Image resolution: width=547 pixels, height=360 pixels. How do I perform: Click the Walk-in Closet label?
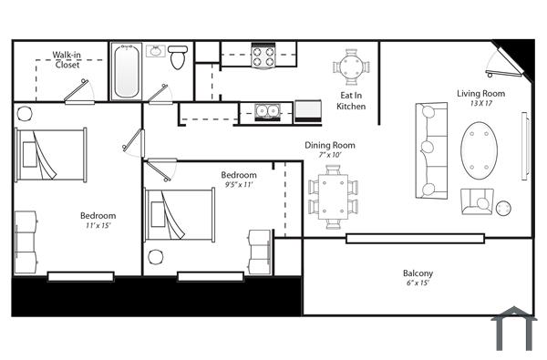click(x=66, y=59)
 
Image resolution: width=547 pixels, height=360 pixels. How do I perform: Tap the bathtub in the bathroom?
click(x=126, y=72)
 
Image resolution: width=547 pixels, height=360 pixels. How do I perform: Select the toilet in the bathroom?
click(x=178, y=57)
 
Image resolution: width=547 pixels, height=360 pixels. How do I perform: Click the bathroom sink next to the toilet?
click(x=155, y=52)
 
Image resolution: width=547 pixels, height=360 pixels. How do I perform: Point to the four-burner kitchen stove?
click(x=263, y=57)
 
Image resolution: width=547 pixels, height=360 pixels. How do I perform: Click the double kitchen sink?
click(x=267, y=111)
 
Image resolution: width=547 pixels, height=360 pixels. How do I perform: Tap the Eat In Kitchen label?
click(x=352, y=100)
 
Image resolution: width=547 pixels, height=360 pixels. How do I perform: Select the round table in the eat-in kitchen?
click(x=352, y=67)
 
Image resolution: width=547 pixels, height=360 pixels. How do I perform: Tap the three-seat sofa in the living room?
click(x=430, y=150)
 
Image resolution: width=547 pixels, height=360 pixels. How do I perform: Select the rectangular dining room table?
click(x=333, y=197)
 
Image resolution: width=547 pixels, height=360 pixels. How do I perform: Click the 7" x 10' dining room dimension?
click(x=330, y=156)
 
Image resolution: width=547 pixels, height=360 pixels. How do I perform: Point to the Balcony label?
click(x=418, y=273)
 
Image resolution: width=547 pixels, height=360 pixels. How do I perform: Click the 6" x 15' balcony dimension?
click(x=418, y=283)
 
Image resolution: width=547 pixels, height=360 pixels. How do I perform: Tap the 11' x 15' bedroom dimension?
click(x=98, y=226)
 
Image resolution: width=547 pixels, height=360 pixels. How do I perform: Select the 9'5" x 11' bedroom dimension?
click(x=238, y=185)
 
